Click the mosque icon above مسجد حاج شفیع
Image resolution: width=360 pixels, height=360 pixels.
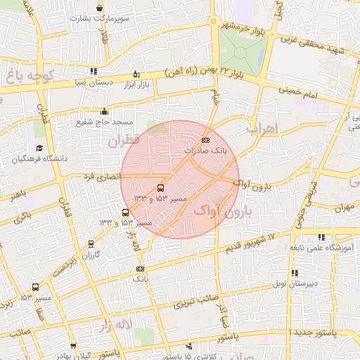(105, 110)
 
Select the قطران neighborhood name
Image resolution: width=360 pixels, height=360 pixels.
(124, 141)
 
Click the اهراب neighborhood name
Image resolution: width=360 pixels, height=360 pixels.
(264, 129)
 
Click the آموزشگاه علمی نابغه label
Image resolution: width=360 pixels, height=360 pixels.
(321, 247)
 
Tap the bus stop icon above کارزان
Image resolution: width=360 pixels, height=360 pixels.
(91, 244)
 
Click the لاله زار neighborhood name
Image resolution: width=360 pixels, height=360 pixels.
(114, 325)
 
